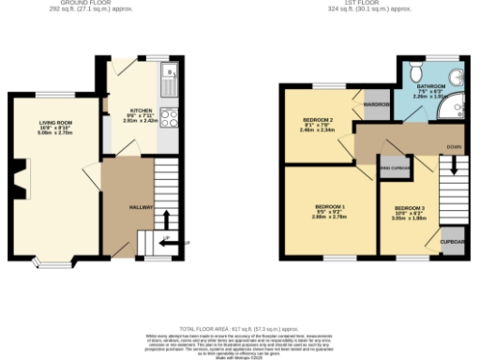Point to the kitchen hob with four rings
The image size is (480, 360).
tap(169, 117)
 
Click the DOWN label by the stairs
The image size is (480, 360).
tap(454, 146)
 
